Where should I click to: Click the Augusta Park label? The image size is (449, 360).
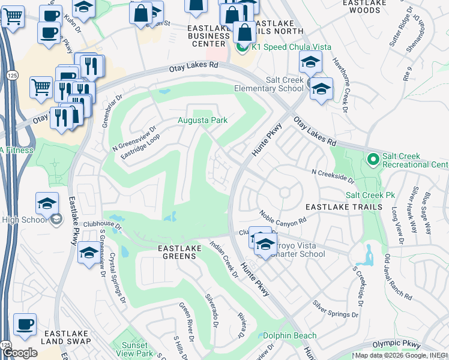pos(202,121)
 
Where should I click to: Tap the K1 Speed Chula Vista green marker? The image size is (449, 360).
pos(243,47)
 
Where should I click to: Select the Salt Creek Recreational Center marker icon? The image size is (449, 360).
pos(372,160)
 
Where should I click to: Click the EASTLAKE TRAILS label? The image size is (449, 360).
pos(343,207)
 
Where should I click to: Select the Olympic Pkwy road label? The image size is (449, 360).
pos(396,344)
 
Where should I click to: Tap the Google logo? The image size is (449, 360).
pos(19,353)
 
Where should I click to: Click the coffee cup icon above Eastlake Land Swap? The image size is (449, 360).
pos(25,323)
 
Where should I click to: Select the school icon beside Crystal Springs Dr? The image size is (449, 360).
pos(89,251)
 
